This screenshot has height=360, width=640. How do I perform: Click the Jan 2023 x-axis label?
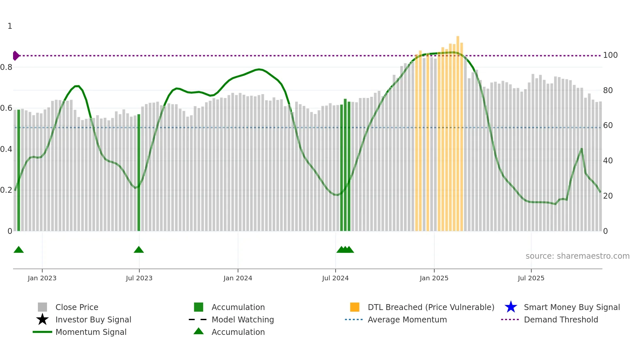tap(42, 278)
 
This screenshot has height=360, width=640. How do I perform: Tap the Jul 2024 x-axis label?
tap(335, 278)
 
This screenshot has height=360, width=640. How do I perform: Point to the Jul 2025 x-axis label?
tap(531, 278)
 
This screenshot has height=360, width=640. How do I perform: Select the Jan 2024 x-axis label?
tap(238, 278)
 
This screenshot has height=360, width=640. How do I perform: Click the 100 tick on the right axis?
tap(610, 55)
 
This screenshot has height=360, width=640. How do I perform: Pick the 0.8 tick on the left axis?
tap(7, 67)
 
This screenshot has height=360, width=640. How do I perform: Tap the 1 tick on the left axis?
tap(10, 26)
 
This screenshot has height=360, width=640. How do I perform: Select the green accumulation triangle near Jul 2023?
tap(139, 250)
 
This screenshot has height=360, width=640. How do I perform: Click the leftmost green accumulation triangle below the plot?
tap(19, 250)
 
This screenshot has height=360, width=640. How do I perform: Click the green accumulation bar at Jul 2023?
tap(139, 173)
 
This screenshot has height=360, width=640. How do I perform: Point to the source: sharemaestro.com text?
tap(577, 256)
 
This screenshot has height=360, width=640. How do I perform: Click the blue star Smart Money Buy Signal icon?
tap(511, 307)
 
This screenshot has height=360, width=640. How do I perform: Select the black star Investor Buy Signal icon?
tap(42, 319)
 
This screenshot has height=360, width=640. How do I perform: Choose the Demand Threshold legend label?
tap(561, 319)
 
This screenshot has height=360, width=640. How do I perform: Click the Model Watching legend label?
tap(243, 319)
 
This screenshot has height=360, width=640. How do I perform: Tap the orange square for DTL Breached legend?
tap(355, 307)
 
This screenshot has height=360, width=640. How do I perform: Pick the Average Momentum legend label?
tap(407, 319)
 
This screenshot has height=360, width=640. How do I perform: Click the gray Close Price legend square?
tap(42, 307)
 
